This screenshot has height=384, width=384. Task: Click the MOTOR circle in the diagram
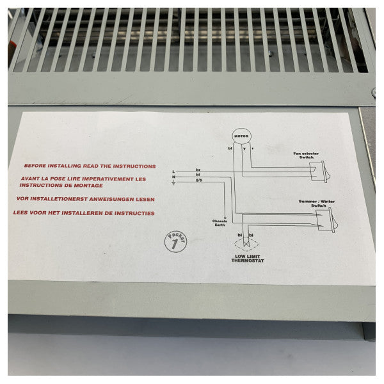241,136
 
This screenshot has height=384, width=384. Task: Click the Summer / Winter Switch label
317,203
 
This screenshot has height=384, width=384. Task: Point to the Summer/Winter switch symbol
328,221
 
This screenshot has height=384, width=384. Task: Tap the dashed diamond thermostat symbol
246,244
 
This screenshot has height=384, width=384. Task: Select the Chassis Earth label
220,223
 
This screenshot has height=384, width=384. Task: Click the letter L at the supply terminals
174,172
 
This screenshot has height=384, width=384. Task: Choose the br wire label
198,170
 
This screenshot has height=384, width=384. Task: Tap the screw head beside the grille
372,93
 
